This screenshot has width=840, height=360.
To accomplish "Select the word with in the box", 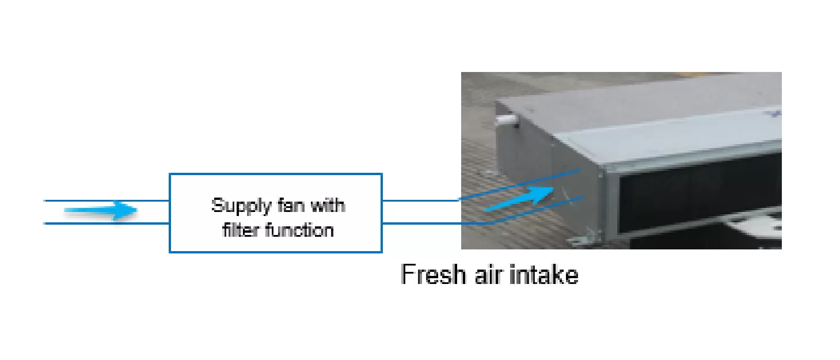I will (326, 206).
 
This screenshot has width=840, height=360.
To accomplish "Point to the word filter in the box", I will (241, 230).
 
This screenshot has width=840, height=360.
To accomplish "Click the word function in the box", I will (299, 230).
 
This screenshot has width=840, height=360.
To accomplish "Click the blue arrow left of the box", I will (101, 211).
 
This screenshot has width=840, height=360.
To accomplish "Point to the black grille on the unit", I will (697, 199).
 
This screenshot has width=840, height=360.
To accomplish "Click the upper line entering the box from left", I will (107, 200).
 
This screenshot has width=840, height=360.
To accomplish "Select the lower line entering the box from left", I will (107, 223).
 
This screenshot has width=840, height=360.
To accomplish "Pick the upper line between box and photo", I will (420, 200).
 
